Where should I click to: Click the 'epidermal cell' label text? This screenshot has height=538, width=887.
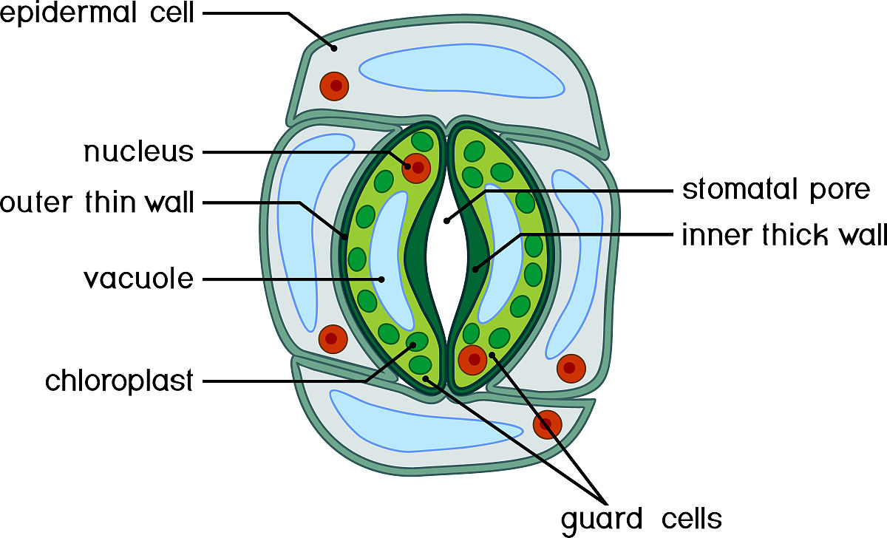point(97,13)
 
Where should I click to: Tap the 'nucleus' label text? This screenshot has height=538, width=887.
point(139,151)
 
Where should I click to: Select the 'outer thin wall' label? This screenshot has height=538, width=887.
point(97,202)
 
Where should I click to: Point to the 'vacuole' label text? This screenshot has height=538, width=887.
point(139,279)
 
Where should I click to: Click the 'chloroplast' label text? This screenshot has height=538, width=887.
point(119,381)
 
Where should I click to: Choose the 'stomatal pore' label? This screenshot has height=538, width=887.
point(776,189)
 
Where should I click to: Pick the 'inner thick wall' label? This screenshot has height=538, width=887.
point(784,234)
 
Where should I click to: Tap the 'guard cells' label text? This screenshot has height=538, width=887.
point(642,520)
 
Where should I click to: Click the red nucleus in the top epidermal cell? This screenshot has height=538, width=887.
point(334,86)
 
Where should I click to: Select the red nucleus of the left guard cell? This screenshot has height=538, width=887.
point(416,168)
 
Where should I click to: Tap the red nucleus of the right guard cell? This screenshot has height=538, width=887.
point(472,360)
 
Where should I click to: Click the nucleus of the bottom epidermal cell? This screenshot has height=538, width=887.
point(547,424)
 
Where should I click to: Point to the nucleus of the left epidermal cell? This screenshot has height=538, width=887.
point(333,339)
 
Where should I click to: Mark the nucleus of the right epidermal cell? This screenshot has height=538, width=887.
point(571,368)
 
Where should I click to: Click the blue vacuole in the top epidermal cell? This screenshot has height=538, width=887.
point(461,71)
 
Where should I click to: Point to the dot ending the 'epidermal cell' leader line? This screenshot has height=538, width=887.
point(334,48)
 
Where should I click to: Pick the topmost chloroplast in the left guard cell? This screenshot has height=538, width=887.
point(422,142)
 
